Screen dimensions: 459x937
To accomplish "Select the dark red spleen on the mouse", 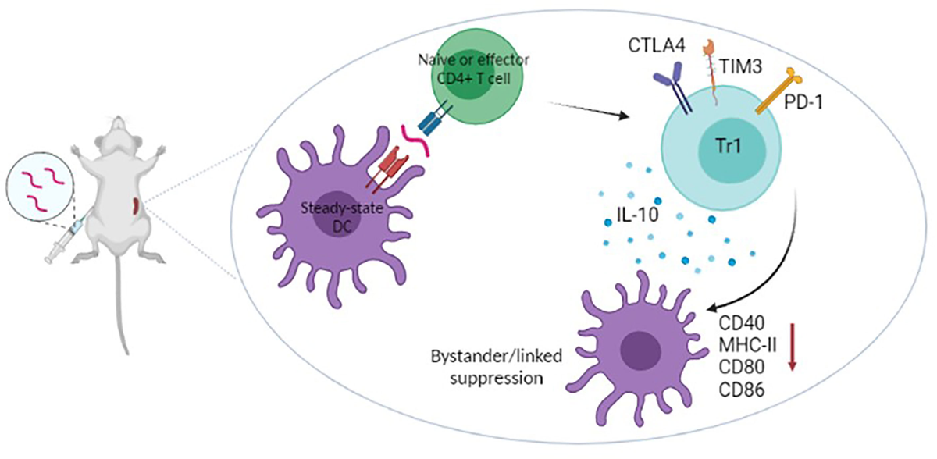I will (x=138, y=208).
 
